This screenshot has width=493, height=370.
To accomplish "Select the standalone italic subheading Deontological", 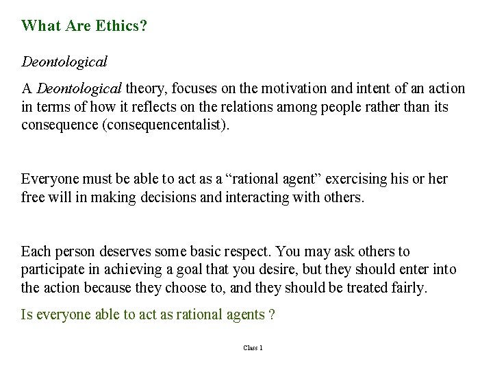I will click(x=64, y=62).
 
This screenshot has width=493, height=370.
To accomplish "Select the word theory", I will click(x=145, y=89).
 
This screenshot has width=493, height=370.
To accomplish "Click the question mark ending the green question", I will click(x=271, y=314).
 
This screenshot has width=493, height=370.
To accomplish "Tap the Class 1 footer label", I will click(x=253, y=348).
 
